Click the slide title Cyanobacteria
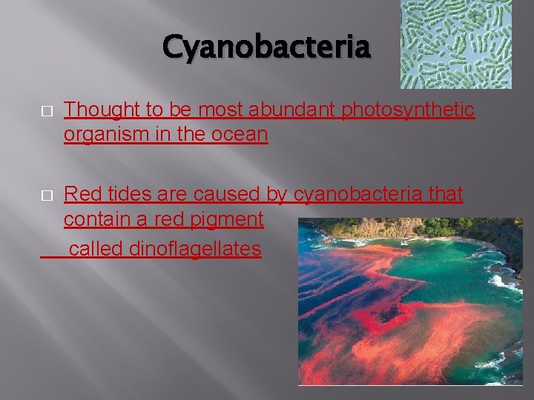click(266, 48)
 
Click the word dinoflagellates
click(195, 249)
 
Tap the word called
click(96, 249)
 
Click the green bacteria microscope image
click(455, 44)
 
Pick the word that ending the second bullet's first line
click(444, 195)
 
